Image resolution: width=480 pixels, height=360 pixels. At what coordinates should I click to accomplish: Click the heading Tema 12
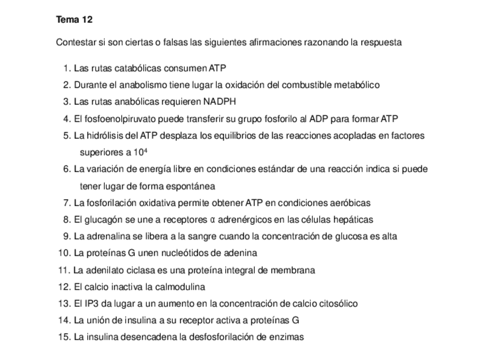coord(74,20)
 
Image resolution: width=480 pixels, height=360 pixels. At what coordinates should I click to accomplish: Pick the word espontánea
coord(193,186)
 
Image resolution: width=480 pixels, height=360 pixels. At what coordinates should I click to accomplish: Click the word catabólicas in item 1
coord(138,68)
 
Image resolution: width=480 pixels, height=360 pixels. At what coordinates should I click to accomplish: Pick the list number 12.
coord(63,286)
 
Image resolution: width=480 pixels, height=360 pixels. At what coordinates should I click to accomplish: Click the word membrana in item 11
coord(294,270)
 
